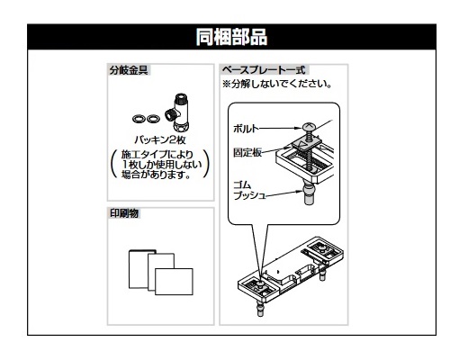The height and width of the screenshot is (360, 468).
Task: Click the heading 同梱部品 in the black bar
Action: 231,37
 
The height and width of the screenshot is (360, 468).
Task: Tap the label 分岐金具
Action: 129,70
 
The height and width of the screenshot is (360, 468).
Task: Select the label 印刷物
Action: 124,213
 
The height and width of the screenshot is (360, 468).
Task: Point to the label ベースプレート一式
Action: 264,70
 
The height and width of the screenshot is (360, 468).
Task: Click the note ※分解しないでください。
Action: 277,84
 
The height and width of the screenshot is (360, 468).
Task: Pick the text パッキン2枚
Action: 160,139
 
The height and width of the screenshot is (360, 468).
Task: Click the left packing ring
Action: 139,119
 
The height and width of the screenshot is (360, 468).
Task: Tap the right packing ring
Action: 153,119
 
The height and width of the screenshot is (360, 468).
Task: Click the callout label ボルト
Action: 246,129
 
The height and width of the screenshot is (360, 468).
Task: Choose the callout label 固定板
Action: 247,152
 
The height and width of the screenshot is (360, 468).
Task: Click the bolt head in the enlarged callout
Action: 309,127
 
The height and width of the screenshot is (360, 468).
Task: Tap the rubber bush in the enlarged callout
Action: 309,195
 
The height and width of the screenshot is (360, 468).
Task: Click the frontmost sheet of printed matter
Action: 174,282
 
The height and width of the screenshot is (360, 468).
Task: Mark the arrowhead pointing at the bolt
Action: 298,128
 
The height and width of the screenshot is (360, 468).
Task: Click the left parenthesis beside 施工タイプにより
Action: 114,164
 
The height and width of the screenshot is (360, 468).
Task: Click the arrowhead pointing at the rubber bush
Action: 300,192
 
